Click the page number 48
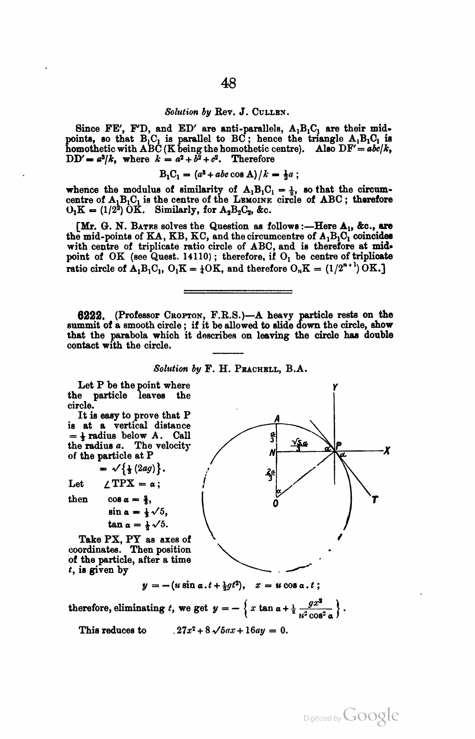point(229,83)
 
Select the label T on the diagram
point(375,499)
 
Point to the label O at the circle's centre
point(275,504)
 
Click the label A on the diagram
point(277,418)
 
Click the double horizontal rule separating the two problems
point(238,292)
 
